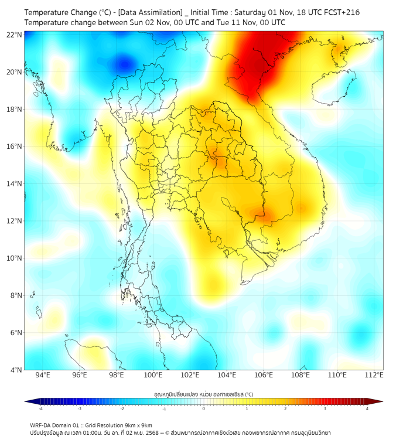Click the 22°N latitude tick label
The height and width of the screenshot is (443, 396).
(14, 35)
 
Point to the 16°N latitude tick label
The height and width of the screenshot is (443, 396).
(14, 146)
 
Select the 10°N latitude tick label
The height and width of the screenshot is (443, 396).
(14, 258)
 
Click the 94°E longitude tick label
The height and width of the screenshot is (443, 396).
(43, 375)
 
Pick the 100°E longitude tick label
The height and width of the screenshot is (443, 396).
(153, 375)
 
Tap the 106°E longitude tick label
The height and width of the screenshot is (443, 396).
(264, 375)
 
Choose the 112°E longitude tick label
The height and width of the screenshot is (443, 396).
(374, 375)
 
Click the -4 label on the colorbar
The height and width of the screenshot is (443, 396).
(40, 408)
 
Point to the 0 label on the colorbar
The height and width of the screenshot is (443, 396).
(204, 408)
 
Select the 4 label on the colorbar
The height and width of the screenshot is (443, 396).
(367, 408)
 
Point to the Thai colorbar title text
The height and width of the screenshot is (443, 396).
(203, 394)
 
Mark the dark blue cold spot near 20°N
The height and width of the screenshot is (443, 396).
(123, 62)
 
